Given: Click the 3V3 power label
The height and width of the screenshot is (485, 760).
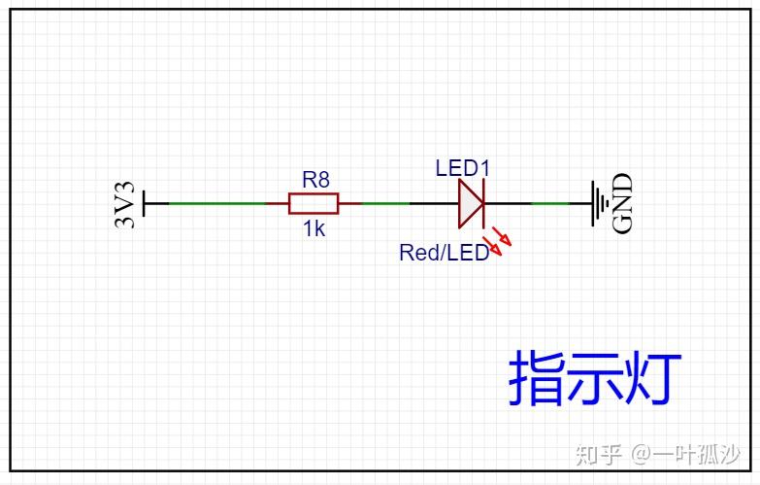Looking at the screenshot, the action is [x=125, y=204].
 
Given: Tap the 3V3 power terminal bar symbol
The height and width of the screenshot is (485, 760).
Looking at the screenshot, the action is [x=145, y=203].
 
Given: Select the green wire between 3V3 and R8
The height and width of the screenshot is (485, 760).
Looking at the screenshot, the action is [x=217, y=203].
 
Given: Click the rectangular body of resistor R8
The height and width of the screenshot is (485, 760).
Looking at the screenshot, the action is [x=314, y=203].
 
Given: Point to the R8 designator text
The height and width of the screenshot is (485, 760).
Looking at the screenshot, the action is [x=316, y=180].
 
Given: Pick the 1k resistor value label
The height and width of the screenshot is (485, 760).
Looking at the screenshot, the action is [x=314, y=228].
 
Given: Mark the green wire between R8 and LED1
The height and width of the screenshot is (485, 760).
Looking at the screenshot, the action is [x=385, y=203].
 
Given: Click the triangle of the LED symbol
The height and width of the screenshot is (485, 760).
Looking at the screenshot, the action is [x=471, y=203].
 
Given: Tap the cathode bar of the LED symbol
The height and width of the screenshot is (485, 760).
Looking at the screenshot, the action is [x=483, y=203].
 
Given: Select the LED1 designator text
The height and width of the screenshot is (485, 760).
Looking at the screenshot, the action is [x=463, y=168].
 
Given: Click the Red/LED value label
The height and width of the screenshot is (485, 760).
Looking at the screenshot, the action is [x=444, y=253].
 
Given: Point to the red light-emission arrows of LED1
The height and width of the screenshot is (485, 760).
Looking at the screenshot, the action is [x=497, y=240].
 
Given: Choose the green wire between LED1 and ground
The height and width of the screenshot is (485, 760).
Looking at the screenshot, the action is [x=550, y=203].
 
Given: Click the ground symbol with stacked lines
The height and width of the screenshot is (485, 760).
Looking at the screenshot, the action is [x=600, y=203].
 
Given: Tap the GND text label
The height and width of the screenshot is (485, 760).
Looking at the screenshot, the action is [x=623, y=203].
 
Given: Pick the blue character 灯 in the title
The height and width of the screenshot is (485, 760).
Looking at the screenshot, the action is [x=652, y=378].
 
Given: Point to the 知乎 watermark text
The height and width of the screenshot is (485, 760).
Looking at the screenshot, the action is [x=599, y=455].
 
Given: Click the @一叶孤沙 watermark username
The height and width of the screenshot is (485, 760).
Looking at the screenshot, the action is [x=685, y=455].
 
